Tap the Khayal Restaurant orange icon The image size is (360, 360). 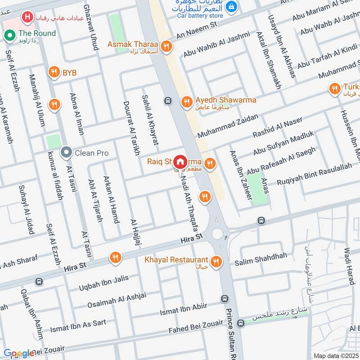tap(216, 261)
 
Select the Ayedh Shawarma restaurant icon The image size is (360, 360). tap(186, 103)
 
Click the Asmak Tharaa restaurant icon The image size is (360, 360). tap(167, 45)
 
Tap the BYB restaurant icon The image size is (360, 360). tap(54, 72)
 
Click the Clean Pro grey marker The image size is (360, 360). tap(67, 153)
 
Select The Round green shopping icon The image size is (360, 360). tap(9, 35)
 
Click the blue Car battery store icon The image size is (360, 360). tap(231, 6)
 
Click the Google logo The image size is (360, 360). tap(19, 353)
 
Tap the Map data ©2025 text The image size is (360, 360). tap(336, 355)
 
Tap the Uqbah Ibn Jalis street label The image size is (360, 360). tap(103, 282)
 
